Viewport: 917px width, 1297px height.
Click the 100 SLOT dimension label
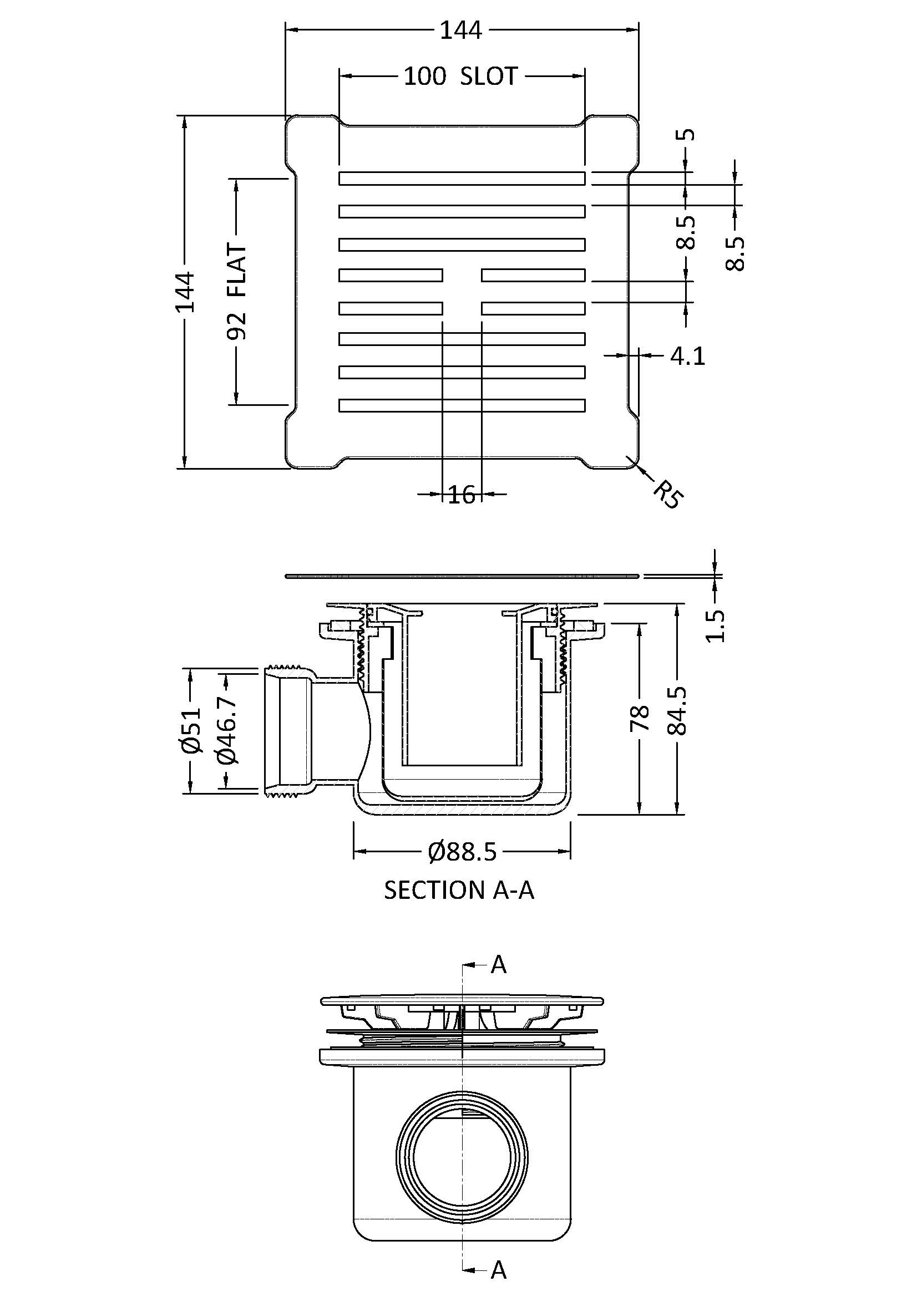click(x=460, y=77)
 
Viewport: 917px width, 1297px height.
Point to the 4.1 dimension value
click(x=687, y=356)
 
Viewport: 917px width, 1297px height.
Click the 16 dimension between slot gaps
click(x=462, y=495)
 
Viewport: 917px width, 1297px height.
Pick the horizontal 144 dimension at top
click(x=461, y=30)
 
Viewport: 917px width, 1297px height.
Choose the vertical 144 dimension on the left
click(x=185, y=292)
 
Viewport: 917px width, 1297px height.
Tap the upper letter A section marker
click(x=498, y=965)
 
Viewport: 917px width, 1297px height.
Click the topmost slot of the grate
click(x=462, y=178)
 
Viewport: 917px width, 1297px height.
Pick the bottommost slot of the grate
click(x=462, y=405)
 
